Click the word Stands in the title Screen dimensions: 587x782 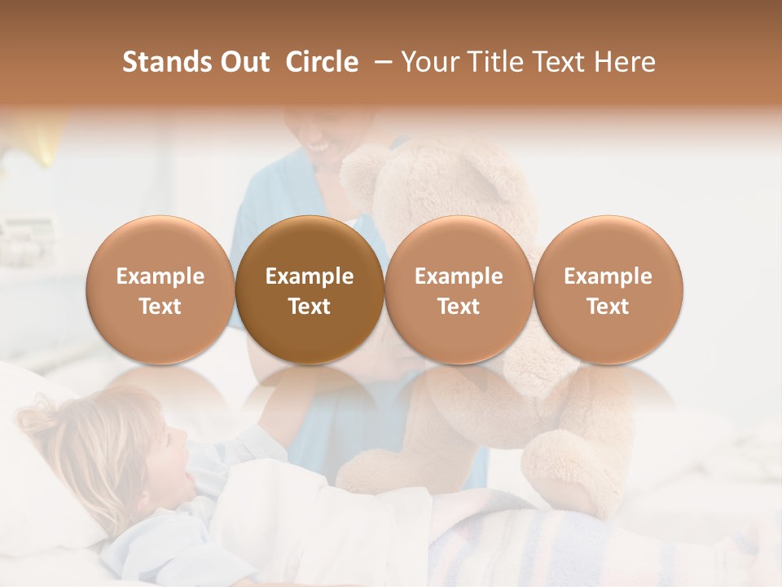(161, 62)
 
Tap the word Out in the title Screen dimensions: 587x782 (243, 62)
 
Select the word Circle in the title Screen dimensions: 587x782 (321, 62)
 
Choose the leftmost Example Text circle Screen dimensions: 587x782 (160, 290)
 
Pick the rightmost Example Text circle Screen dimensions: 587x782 (608, 290)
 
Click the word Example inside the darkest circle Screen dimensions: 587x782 (310, 276)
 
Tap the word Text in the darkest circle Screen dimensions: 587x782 (310, 307)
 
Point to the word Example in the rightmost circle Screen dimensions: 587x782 (608, 276)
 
